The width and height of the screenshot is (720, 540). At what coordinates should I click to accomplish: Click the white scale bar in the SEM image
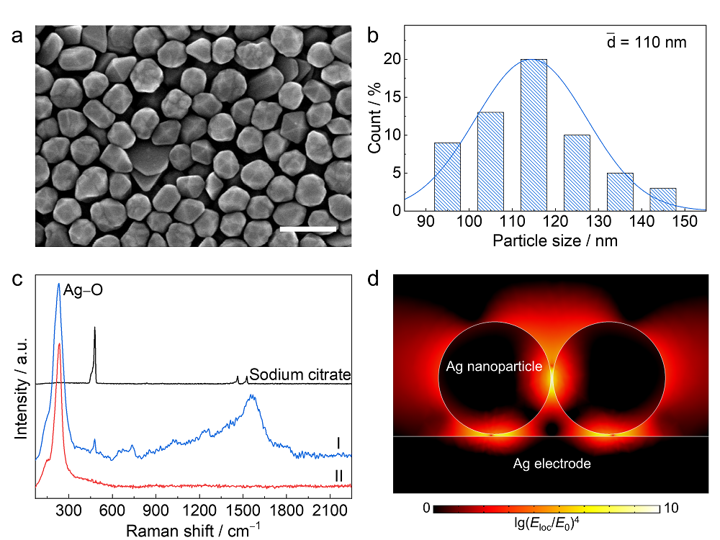[307, 230]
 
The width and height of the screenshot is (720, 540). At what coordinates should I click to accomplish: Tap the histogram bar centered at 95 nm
[446, 176]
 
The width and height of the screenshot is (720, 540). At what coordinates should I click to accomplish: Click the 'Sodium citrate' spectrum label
[300, 375]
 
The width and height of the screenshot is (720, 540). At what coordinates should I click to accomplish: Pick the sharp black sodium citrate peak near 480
[94, 338]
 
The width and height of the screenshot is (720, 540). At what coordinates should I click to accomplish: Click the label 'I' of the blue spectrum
[338, 441]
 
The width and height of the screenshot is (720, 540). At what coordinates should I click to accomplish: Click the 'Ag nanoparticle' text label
[494, 367]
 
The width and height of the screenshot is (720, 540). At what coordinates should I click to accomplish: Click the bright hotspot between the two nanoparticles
[552, 376]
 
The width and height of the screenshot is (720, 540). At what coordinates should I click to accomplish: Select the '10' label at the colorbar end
[670, 509]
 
